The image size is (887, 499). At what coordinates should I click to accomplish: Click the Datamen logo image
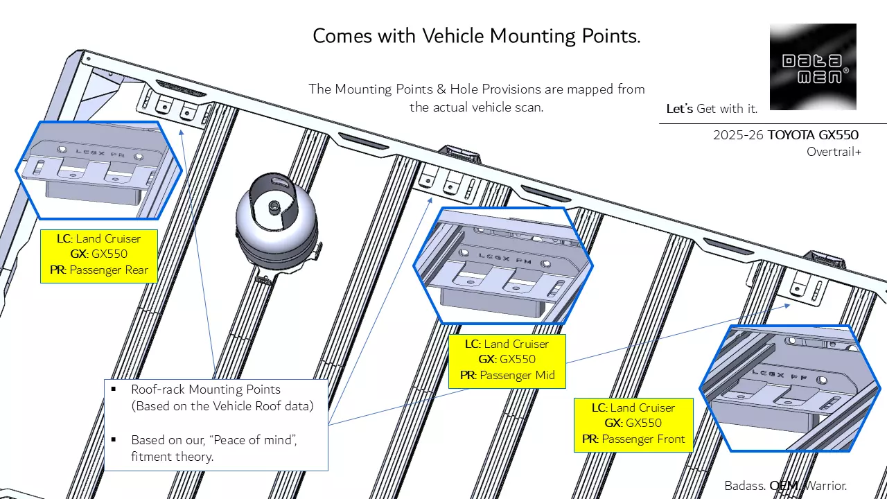click(x=813, y=67)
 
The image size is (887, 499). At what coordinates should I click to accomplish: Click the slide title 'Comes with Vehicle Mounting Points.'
click(x=476, y=36)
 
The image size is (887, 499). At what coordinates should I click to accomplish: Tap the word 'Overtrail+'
click(x=834, y=152)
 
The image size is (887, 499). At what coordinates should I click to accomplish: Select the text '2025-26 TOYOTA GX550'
click(x=785, y=135)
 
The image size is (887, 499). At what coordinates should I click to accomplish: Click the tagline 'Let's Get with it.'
click(x=712, y=109)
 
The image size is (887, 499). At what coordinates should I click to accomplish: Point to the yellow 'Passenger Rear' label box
click(x=99, y=254)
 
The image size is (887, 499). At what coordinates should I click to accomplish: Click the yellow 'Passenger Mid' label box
click(x=507, y=360)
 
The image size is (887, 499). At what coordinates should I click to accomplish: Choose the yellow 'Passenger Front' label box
click(x=633, y=423)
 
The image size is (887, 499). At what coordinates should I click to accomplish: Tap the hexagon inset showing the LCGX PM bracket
click(x=503, y=265)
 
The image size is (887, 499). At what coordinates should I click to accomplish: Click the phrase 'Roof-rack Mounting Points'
click(x=205, y=389)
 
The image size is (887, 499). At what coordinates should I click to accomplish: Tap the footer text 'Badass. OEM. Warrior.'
click(x=785, y=486)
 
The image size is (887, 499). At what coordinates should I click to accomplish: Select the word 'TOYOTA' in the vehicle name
click(x=788, y=135)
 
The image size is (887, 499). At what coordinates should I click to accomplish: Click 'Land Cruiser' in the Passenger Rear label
click(x=108, y=238)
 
